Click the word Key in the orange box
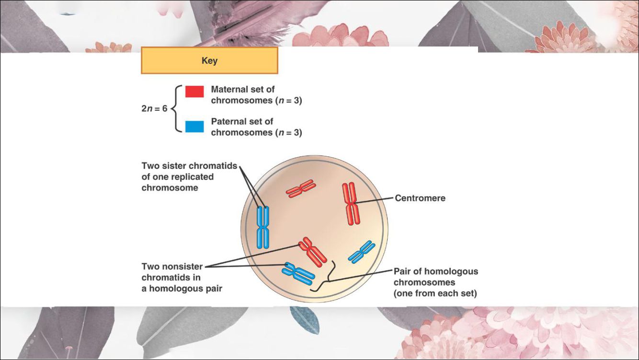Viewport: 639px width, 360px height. (209, 61)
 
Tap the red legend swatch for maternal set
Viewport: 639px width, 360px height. (194, 92)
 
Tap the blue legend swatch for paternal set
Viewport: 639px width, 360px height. (194, 127)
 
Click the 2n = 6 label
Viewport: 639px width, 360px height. (154, 108)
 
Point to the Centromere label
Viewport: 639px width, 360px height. (420, 198)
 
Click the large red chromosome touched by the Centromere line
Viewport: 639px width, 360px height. (351, 203)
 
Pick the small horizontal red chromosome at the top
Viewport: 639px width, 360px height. (301, 188)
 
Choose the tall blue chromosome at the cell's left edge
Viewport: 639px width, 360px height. (262, 227)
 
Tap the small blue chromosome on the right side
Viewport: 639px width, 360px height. (361, 252)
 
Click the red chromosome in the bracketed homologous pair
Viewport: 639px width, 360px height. (312, 251)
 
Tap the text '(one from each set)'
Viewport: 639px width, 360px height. (435, 293)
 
